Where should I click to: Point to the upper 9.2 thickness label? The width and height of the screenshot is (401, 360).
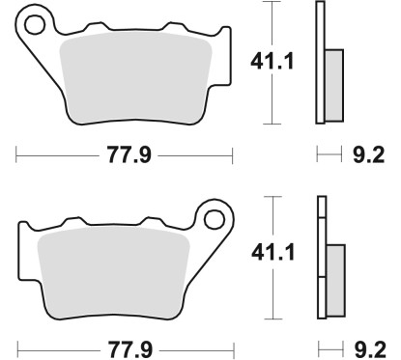(375, 152)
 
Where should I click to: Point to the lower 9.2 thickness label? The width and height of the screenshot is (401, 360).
(375, 346)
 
